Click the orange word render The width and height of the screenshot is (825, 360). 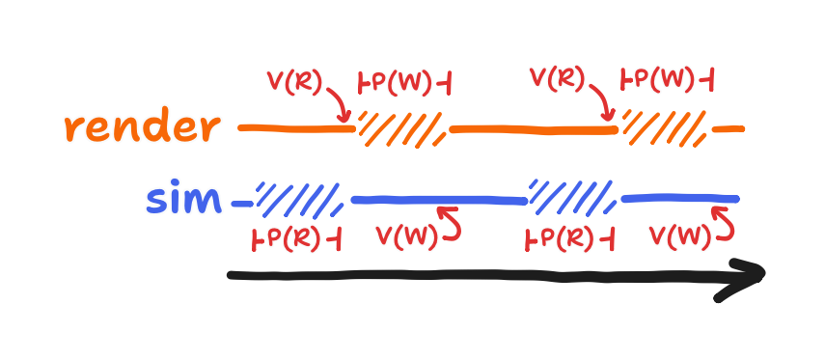pyautogui.click(x=142, y=127)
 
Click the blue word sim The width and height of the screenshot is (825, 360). pyautogui.click(x=183, y=201)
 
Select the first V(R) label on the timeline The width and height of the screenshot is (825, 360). pyautogui.click(x=294, y=82)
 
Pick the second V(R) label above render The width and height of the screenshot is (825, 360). pyautogui.click(x=558, y=77)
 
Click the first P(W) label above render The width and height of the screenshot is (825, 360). pyautogui.click(x=403, y=83)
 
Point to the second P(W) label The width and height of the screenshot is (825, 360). pyautogui.click(x=666, y=80)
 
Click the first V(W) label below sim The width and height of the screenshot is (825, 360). pyautogui.click(x=405, y=235)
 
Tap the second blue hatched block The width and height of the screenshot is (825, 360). pyautogui.click(x=573, y=196)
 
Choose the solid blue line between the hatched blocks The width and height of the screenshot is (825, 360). pyautogui.click(x=439, y=200)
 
